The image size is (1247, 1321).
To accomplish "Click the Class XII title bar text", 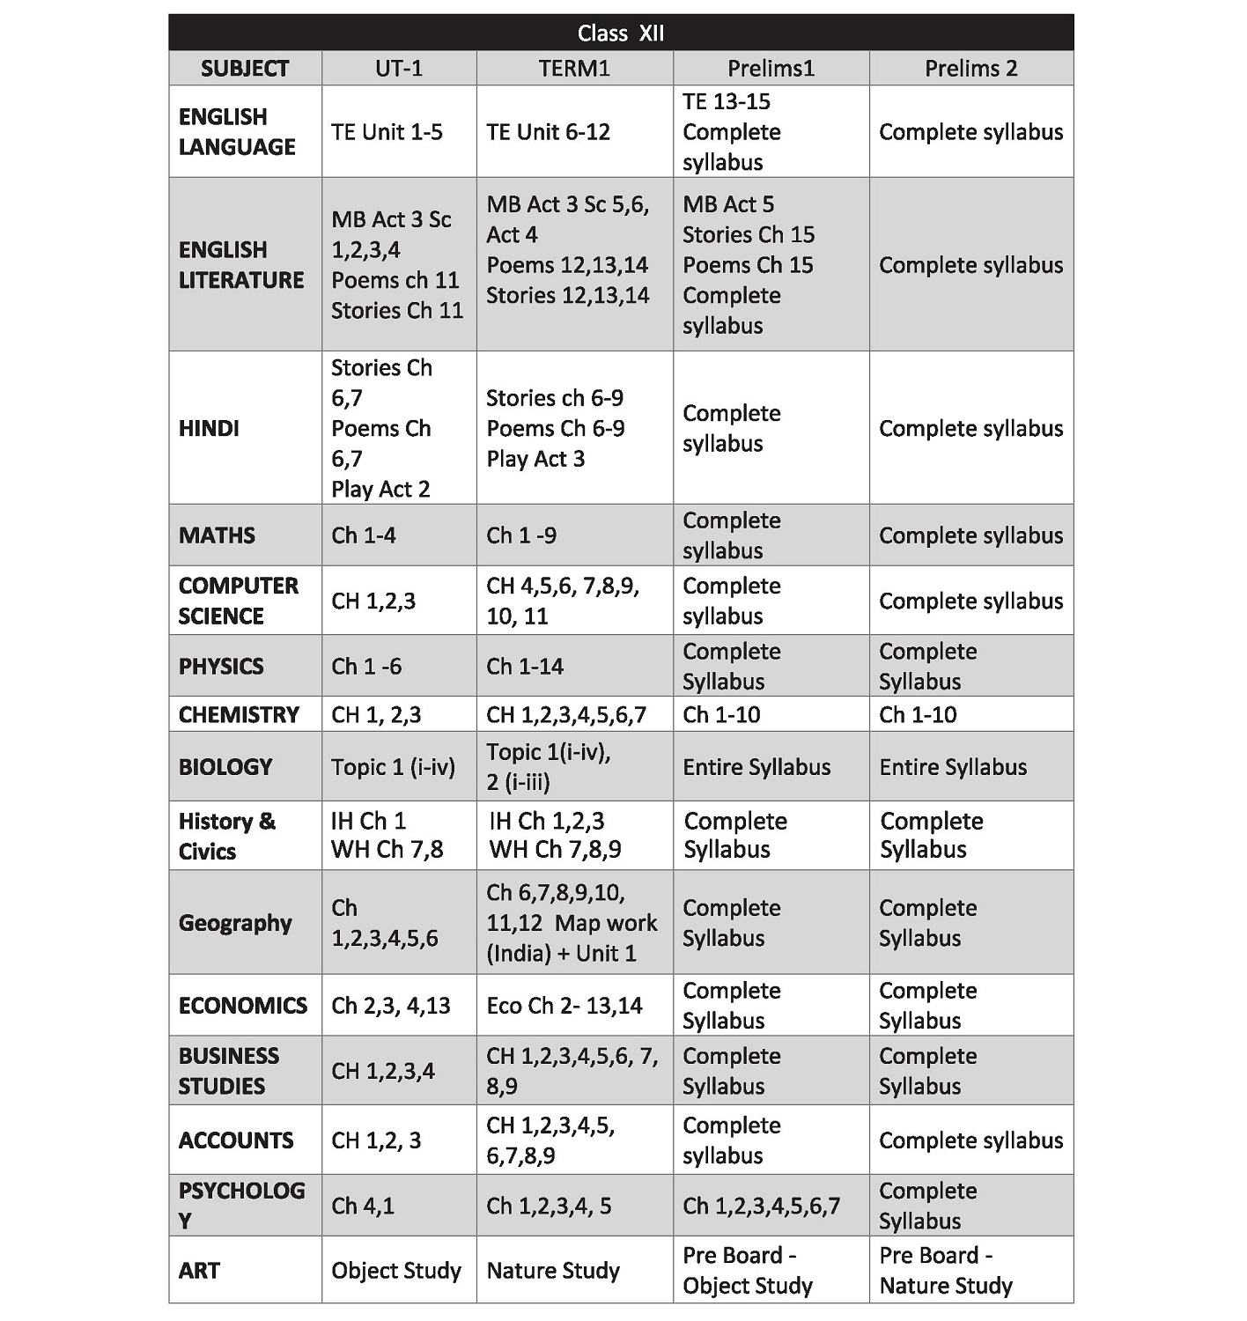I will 621,33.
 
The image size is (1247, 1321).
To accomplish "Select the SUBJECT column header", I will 244,69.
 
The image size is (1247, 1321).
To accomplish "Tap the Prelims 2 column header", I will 970,69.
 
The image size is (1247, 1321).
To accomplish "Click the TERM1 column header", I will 574,69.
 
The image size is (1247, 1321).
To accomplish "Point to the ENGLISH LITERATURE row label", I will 240,264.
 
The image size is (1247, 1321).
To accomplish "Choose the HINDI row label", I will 209,428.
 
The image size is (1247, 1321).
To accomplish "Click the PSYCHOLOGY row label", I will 241,1205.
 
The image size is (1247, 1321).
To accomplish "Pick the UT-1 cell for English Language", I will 387,132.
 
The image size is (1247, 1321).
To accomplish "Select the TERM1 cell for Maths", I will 521,535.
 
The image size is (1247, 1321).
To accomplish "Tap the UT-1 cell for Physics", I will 366,666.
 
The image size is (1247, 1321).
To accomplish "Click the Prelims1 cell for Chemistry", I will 721,714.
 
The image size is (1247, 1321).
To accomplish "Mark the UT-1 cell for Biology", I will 393,767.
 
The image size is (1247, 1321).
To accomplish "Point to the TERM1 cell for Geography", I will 572,923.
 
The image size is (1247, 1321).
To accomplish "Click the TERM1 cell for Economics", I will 564,1006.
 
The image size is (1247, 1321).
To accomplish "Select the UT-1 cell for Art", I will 396,1271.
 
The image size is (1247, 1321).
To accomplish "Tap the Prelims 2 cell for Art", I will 946,1270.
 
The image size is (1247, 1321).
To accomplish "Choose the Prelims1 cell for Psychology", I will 761,1206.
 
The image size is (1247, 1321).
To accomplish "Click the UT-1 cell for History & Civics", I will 387,835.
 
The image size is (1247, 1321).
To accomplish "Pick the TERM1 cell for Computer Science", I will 563,601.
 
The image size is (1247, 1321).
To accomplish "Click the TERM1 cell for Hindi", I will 555,428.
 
